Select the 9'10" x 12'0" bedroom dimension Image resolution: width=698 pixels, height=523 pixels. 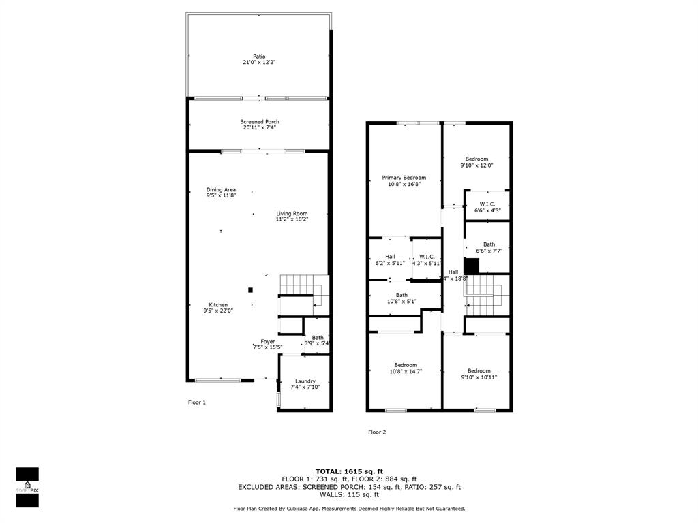click(476, 165)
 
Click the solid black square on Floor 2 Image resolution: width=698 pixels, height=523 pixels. click(471, 266)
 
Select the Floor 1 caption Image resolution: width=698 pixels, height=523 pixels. click(196, 402)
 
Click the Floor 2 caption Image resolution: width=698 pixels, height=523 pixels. click(377, 432)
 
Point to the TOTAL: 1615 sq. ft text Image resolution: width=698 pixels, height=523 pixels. click(349, 471)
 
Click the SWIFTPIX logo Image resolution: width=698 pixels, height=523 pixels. click(27, 487)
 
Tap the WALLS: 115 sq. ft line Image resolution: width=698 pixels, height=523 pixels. click(349, 495)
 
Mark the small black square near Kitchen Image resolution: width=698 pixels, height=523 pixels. click(250, 290)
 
